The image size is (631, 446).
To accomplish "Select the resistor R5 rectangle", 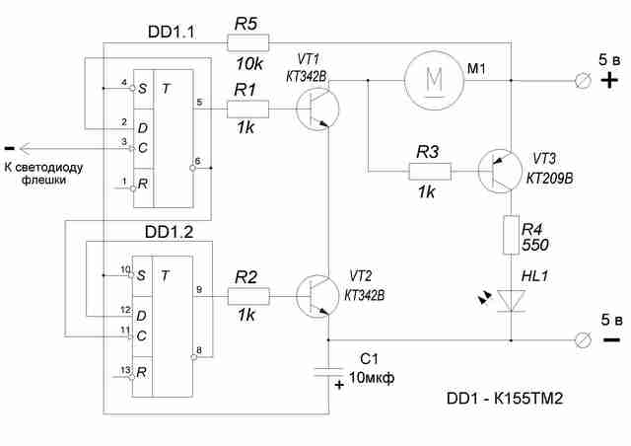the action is pos(247,42).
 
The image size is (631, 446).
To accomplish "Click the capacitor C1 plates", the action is pos(328,372).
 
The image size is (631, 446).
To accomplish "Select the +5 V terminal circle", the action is pos(583,81).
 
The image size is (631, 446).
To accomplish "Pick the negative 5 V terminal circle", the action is pos(583,340).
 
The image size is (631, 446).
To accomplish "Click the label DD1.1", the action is pos(171,32).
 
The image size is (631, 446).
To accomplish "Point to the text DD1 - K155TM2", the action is pos(505,399).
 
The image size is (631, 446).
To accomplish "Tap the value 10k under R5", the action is pos(249,64).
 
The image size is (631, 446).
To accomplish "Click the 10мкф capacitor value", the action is pos(371,378).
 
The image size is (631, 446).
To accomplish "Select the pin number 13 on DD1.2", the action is pos(125,370).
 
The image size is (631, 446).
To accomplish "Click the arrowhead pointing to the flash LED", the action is pos(25,149).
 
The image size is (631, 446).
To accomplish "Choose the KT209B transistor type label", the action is pos(550,178).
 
